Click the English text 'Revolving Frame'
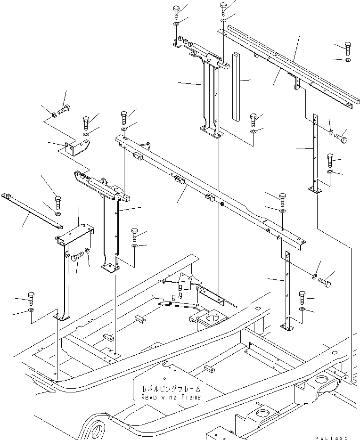click(x=171, y=397)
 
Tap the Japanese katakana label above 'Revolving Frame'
click(x=171, y=389)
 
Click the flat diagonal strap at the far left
click(x=31, y=210)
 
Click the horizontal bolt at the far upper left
click(x=65, y=112)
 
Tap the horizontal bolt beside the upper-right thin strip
click(x=341, y=138)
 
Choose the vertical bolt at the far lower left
click(x=31, y=298)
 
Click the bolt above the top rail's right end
click(x=348, y=48)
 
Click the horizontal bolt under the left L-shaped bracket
click(x=77, y=257)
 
